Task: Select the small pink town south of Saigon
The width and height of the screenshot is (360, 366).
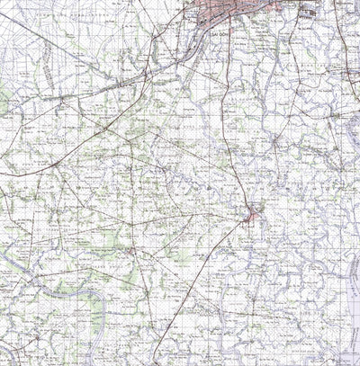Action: point(252,214)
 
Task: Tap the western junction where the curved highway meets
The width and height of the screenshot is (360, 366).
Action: point(106,127)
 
